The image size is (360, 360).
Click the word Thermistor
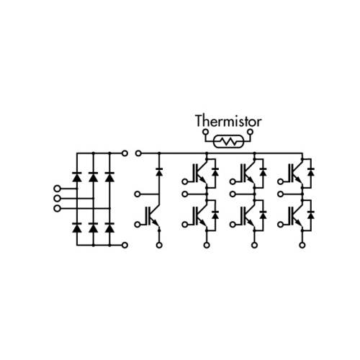pos(228,121)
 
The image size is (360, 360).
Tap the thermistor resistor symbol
pos(229,141)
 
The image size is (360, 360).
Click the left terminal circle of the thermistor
pos(205,132)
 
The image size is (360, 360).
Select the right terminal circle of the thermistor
pos(251,132)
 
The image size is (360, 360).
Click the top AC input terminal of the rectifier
pos(57,189)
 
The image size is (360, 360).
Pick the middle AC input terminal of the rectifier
pos(57,199)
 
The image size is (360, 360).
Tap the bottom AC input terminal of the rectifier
pos(57,208)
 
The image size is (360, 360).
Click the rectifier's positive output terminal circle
pos(125,153)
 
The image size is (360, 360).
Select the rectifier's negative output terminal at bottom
pos(125,245)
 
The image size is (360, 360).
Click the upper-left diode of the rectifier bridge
pos(77,176)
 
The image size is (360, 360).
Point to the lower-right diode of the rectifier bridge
pos(109,228)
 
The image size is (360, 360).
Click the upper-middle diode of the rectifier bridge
pos(94,176)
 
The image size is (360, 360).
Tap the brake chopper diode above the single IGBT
pos(159,172)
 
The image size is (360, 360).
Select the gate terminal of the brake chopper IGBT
pos(138,225)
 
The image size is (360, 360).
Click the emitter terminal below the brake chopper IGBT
pos(159,245)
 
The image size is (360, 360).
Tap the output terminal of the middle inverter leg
pos(233,194)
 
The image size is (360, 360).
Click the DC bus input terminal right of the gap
pos(138,153)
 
